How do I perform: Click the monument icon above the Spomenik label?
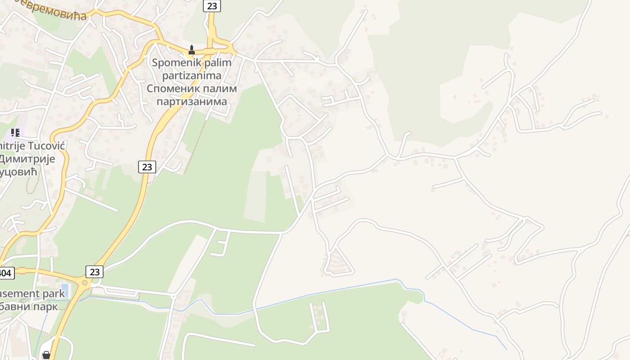192,50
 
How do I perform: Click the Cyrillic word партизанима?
192,101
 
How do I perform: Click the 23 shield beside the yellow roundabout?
94,272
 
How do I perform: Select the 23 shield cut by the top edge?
211,5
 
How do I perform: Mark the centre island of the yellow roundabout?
84,283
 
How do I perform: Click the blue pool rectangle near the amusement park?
65,287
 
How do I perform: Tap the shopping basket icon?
46,355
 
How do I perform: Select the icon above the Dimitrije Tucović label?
15,132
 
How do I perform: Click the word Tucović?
47,146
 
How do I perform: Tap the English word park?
56,294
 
